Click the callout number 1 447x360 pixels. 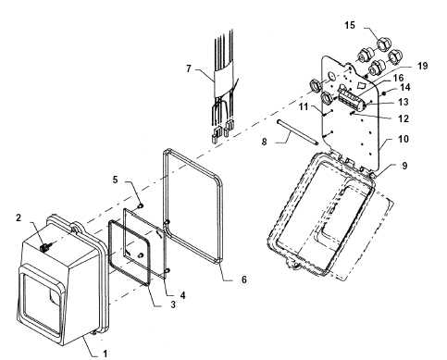(x=106, y=354)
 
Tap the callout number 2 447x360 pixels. (x=19, y=217)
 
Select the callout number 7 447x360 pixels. (x=189, y=68)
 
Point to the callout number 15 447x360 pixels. (x=350, y=25)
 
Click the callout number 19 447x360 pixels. (x=422, y=66)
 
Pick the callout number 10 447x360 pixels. (x=404, y=139)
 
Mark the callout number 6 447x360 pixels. (x=244, y=279)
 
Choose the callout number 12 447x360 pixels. (x=404, y=118)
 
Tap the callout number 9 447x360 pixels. (x=404, y=166)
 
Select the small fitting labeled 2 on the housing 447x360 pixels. (x=45, y=248)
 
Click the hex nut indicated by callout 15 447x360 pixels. (x=384, y=44)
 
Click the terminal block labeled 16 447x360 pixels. (x=352, y=99)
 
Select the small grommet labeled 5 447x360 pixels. (x=141, y=205)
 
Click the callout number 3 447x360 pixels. (x=173, y=304)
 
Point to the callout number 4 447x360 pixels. (x=183, y=295)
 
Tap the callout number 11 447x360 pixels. (x=304, y=106)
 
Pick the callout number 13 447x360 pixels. (x=404, y=102)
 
